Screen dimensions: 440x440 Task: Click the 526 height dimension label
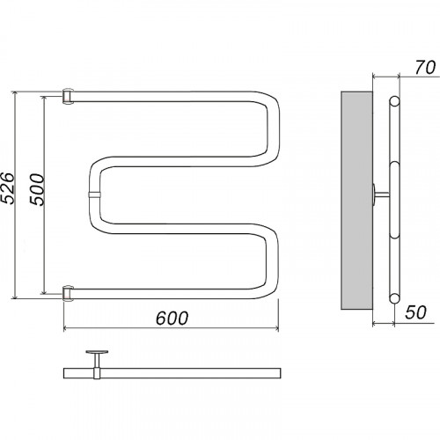[7, 187]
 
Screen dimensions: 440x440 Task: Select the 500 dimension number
[37, 189]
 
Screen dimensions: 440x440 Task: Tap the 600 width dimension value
[172, 319]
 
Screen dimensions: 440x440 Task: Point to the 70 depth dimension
[425, 68]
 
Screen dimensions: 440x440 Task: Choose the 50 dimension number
[415, 312]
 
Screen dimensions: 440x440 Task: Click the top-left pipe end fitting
[68, 96]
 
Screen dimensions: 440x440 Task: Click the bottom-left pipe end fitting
[68, 293]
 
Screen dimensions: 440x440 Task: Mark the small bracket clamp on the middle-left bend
[94, 194]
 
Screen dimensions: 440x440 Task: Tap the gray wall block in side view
[356, 201]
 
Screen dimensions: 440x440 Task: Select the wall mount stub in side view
[380, 194]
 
